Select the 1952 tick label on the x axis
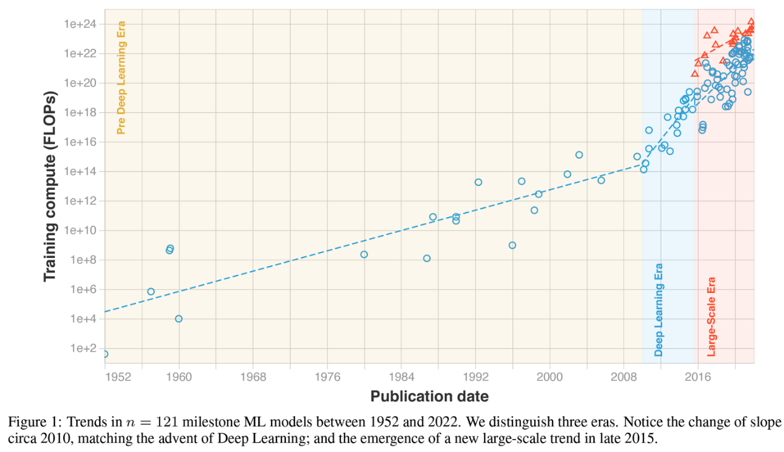coord(118,377)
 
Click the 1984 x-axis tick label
coord(401,377)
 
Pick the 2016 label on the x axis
coord(698,377)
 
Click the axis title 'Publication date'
coord(429,397)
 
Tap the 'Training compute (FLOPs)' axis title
coord(50,186)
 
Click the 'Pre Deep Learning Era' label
coord(121,78)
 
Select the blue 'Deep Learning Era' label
coord(658,310)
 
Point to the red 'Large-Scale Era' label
coord(711,317)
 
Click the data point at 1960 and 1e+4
coord(179,318)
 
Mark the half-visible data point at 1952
coord(106,354)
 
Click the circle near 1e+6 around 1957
coord(151,291)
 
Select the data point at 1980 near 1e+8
coord(364,254)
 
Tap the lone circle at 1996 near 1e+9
coord(512,245)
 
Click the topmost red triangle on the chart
coord(751,22)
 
